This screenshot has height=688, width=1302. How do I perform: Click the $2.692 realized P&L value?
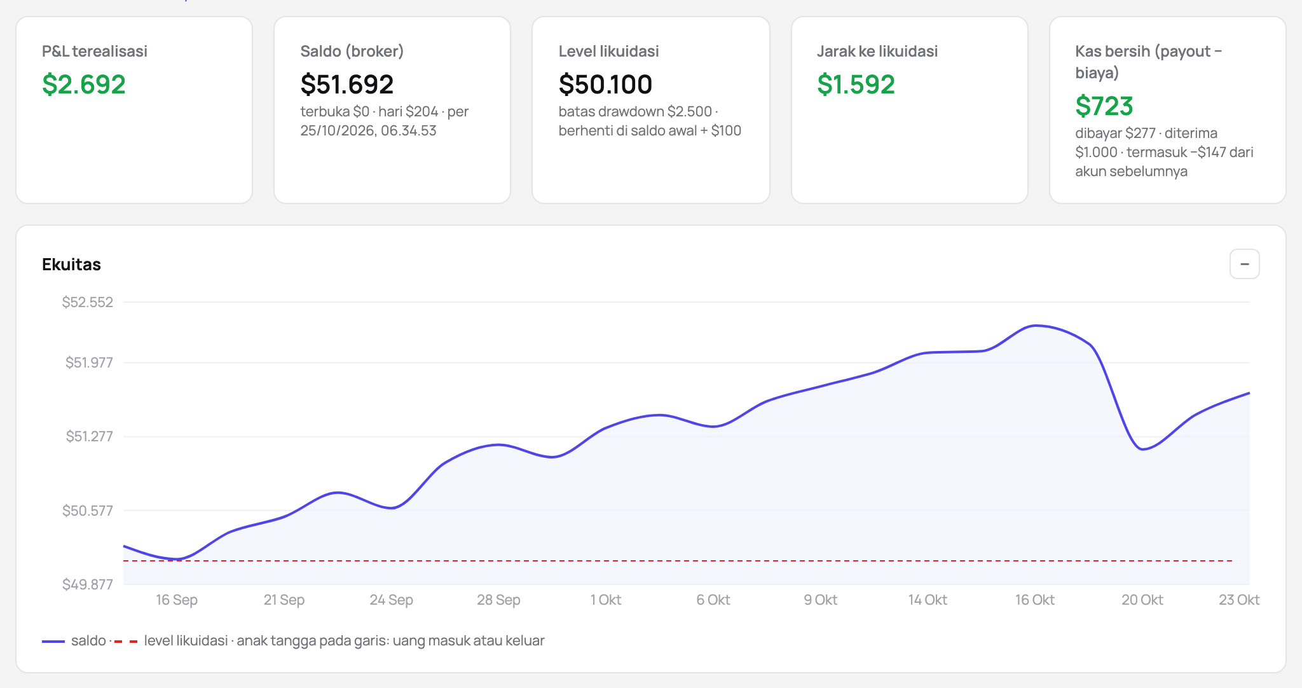tap(84, 85)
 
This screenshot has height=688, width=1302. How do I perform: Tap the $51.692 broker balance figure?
tap(347, 85)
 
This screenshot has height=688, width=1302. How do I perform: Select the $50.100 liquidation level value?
tap(605, 85)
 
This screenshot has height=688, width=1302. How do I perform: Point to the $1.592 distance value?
tap(856, 85)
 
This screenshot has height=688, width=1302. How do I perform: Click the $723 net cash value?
tap(1104, 106)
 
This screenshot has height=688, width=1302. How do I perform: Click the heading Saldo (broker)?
tap(352, 52)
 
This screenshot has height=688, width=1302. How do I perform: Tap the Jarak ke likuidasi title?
tap(877, 52)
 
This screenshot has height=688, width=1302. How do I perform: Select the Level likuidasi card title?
tap(608, 52)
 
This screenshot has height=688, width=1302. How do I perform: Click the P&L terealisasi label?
tap(95, 52)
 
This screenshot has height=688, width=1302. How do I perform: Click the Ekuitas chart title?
tap(71, 265)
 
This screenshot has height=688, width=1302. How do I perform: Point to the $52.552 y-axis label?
tap(88, 302)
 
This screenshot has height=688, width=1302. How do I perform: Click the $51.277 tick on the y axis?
tap(90, 436)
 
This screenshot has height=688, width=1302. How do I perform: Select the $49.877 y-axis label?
tap(88, 584)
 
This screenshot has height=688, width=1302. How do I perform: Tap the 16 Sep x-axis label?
tap(177, 600)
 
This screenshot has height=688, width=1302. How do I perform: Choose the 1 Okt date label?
tap(606, 600)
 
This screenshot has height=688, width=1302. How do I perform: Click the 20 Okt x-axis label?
tap(1142, 600)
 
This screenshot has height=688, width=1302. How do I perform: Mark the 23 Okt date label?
tap(1239, 600)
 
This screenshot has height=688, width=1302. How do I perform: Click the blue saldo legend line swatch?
tap(53, 642)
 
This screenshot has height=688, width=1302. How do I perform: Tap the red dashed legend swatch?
tap(126, 642)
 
